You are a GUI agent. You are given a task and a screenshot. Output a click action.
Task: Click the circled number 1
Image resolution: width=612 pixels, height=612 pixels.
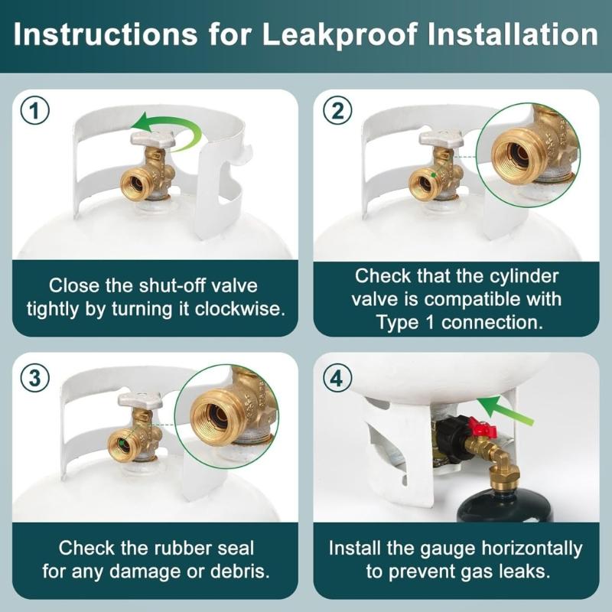click(34, 111)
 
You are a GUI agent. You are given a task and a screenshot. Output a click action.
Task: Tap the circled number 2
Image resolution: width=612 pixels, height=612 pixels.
click(337, 111)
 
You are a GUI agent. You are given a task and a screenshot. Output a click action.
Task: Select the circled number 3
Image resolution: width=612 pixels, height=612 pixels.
click(34, 378)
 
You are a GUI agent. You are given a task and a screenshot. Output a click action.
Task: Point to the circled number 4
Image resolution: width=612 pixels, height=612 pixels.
click(337, 378)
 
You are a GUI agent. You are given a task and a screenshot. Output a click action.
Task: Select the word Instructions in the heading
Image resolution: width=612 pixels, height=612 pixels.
click(106, 34)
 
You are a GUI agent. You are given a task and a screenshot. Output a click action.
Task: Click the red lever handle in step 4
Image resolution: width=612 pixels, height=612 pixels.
click(483, 427)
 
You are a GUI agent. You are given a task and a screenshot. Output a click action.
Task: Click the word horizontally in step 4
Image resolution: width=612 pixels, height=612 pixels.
click(532, 549)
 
